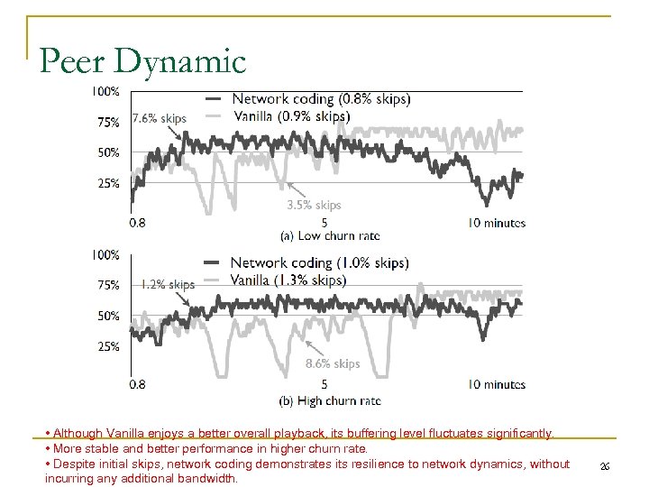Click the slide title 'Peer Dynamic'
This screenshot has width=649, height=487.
(x=142, y=61)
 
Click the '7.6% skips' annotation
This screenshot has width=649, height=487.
(x=160, y=118)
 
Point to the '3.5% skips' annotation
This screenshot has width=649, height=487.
(x=314, y=206)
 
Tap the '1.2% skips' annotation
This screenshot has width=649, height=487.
(x=168, y=284)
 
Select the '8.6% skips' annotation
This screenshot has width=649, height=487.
(x=333, y=363)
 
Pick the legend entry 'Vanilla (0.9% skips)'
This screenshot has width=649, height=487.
(x=291, y=115)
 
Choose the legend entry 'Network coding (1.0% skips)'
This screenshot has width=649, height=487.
(x=319, y=262)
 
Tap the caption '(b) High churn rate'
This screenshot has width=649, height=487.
(x=330, y=400)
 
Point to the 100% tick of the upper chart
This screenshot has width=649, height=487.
(x=105, y=91)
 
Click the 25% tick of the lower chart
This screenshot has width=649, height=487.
(x=108, y=346)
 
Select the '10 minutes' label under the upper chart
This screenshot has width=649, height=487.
(x=497, y=223)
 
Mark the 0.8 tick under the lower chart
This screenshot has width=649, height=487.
(x=138, y=385)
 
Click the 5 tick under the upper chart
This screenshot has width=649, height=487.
(x=324, y=223)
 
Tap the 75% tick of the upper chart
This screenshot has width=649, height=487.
(x=108, y=123)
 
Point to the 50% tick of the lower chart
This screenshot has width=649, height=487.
(x=108, y=317)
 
